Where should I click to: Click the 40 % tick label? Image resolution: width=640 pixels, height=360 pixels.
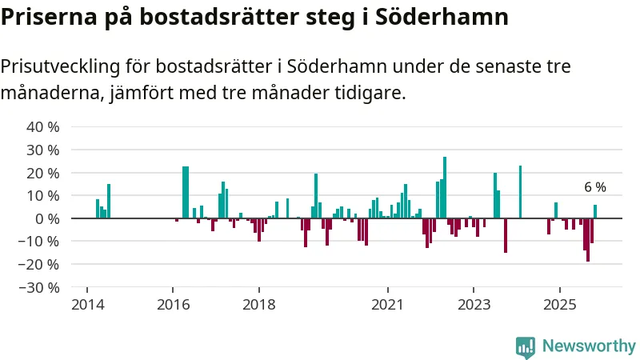[x=43, y=126]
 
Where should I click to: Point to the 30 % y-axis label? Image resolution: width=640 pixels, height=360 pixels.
[x=43, y=150]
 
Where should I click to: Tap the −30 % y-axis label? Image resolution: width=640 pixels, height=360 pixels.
[x=40, y=287]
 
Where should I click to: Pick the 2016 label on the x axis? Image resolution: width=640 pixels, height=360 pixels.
[x=172, y=305]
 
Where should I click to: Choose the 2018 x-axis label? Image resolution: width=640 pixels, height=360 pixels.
[x=258, y=305]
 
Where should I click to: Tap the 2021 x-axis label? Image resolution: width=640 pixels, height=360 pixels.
[x=388, y=305]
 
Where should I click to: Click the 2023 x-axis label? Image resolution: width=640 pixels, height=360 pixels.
[x=474, y=305]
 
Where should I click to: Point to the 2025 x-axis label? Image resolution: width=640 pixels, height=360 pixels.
[x=560, y=305]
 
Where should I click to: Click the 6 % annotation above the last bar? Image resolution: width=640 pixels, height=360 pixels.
[x=594, y=187]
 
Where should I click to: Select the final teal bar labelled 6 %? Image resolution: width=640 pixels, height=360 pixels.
[x=594, y=211]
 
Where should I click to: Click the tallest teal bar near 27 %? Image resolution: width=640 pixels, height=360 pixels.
[x=445, y=187]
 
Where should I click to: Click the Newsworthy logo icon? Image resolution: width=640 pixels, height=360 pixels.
[x=526, y=346]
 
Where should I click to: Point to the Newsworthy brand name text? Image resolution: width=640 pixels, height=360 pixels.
[x=589, y=346]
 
